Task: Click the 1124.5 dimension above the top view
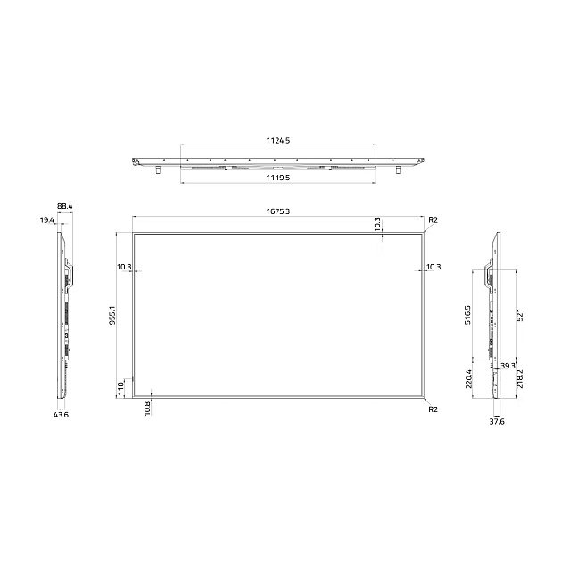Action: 277,141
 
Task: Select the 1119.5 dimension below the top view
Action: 277,178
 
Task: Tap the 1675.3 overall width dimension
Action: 277,211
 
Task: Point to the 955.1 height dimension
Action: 112,316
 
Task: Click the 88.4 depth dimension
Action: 65,206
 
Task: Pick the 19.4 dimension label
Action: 46,220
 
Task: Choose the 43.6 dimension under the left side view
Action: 61,415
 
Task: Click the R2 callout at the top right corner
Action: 434,220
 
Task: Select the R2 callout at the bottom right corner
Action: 434,409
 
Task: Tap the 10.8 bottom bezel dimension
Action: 147,409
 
